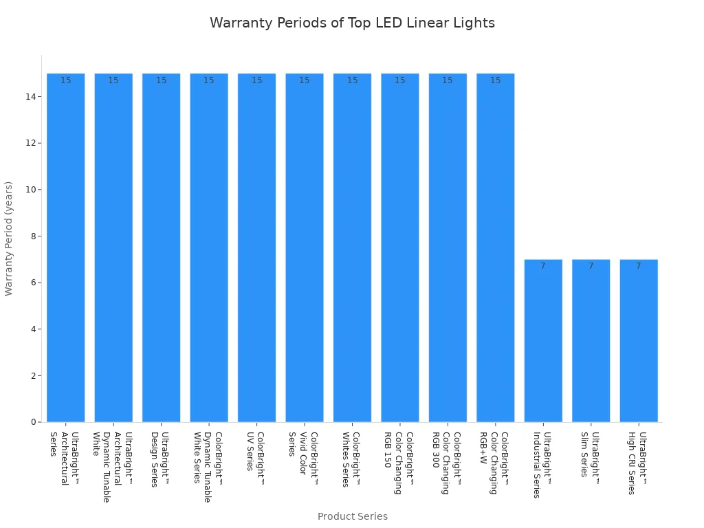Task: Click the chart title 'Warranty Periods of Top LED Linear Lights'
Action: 352,23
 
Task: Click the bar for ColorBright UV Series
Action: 256,247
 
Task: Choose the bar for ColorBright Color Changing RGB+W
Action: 495,247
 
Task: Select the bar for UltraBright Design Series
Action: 161,247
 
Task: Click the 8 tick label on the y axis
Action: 32,236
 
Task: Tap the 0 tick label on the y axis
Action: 32,422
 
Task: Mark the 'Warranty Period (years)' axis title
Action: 9,239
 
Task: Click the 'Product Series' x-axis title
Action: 352,516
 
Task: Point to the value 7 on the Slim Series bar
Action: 591,266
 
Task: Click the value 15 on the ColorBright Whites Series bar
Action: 352,80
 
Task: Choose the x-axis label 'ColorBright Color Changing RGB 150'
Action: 398,462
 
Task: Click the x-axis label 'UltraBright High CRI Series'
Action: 637,463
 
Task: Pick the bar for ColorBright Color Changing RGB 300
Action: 448,247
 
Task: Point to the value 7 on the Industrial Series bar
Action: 543,266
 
